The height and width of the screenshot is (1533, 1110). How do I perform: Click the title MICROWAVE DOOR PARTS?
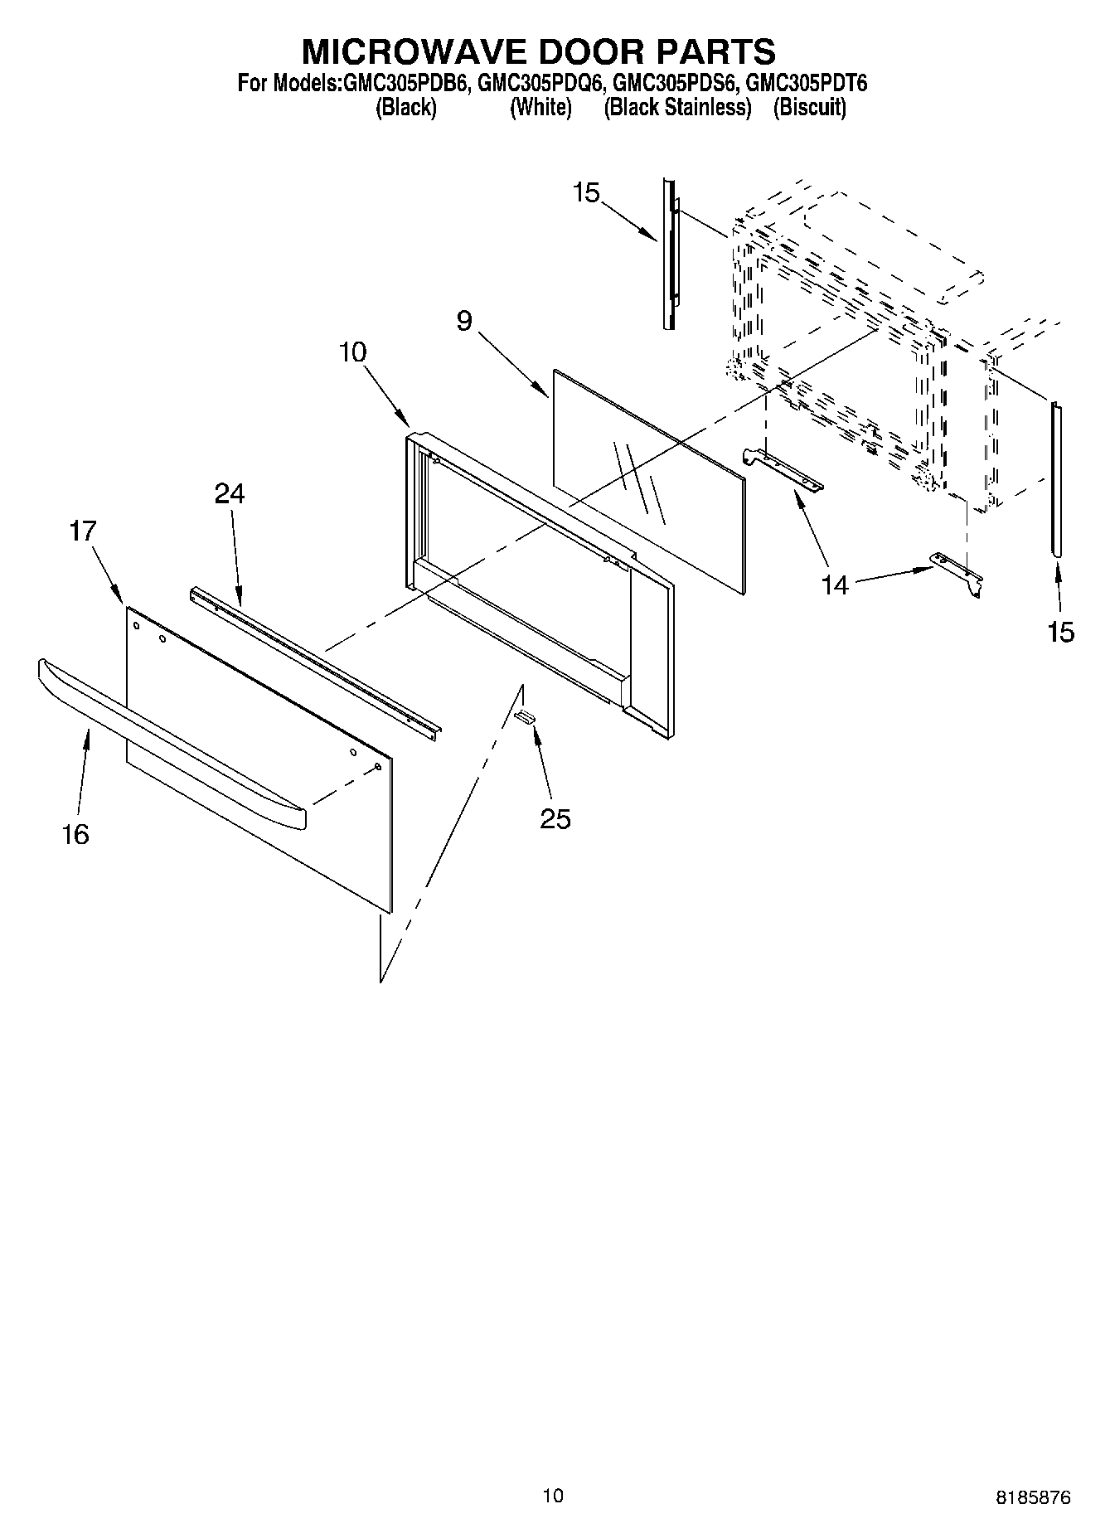click(x=538, y=51)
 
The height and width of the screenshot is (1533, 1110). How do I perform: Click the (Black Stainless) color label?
click(x=677, y=107)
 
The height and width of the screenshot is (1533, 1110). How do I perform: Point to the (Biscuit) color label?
click(x=809, y=107)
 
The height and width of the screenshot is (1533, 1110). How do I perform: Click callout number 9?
click(x=464, y=321)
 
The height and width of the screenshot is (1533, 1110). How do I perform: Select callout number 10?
click(x=352, y=352)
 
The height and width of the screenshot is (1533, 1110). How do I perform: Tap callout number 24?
click(x=230, y=494)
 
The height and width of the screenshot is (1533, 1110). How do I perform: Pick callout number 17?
click(x=83, y=531)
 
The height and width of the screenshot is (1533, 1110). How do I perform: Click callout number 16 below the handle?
click(x=75, y=834)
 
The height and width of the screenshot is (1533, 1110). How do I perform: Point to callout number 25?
click(x=555, y=819)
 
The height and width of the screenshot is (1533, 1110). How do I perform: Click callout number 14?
click(x=835, y=585)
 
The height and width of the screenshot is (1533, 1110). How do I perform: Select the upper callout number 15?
click(x=585, y=193)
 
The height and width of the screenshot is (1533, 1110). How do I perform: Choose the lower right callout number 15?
click(x=1060, y=633)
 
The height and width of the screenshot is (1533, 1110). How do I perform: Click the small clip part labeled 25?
click(x=525, y=716)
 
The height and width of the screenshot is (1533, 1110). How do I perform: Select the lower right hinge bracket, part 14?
click(x=957, y=571)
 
